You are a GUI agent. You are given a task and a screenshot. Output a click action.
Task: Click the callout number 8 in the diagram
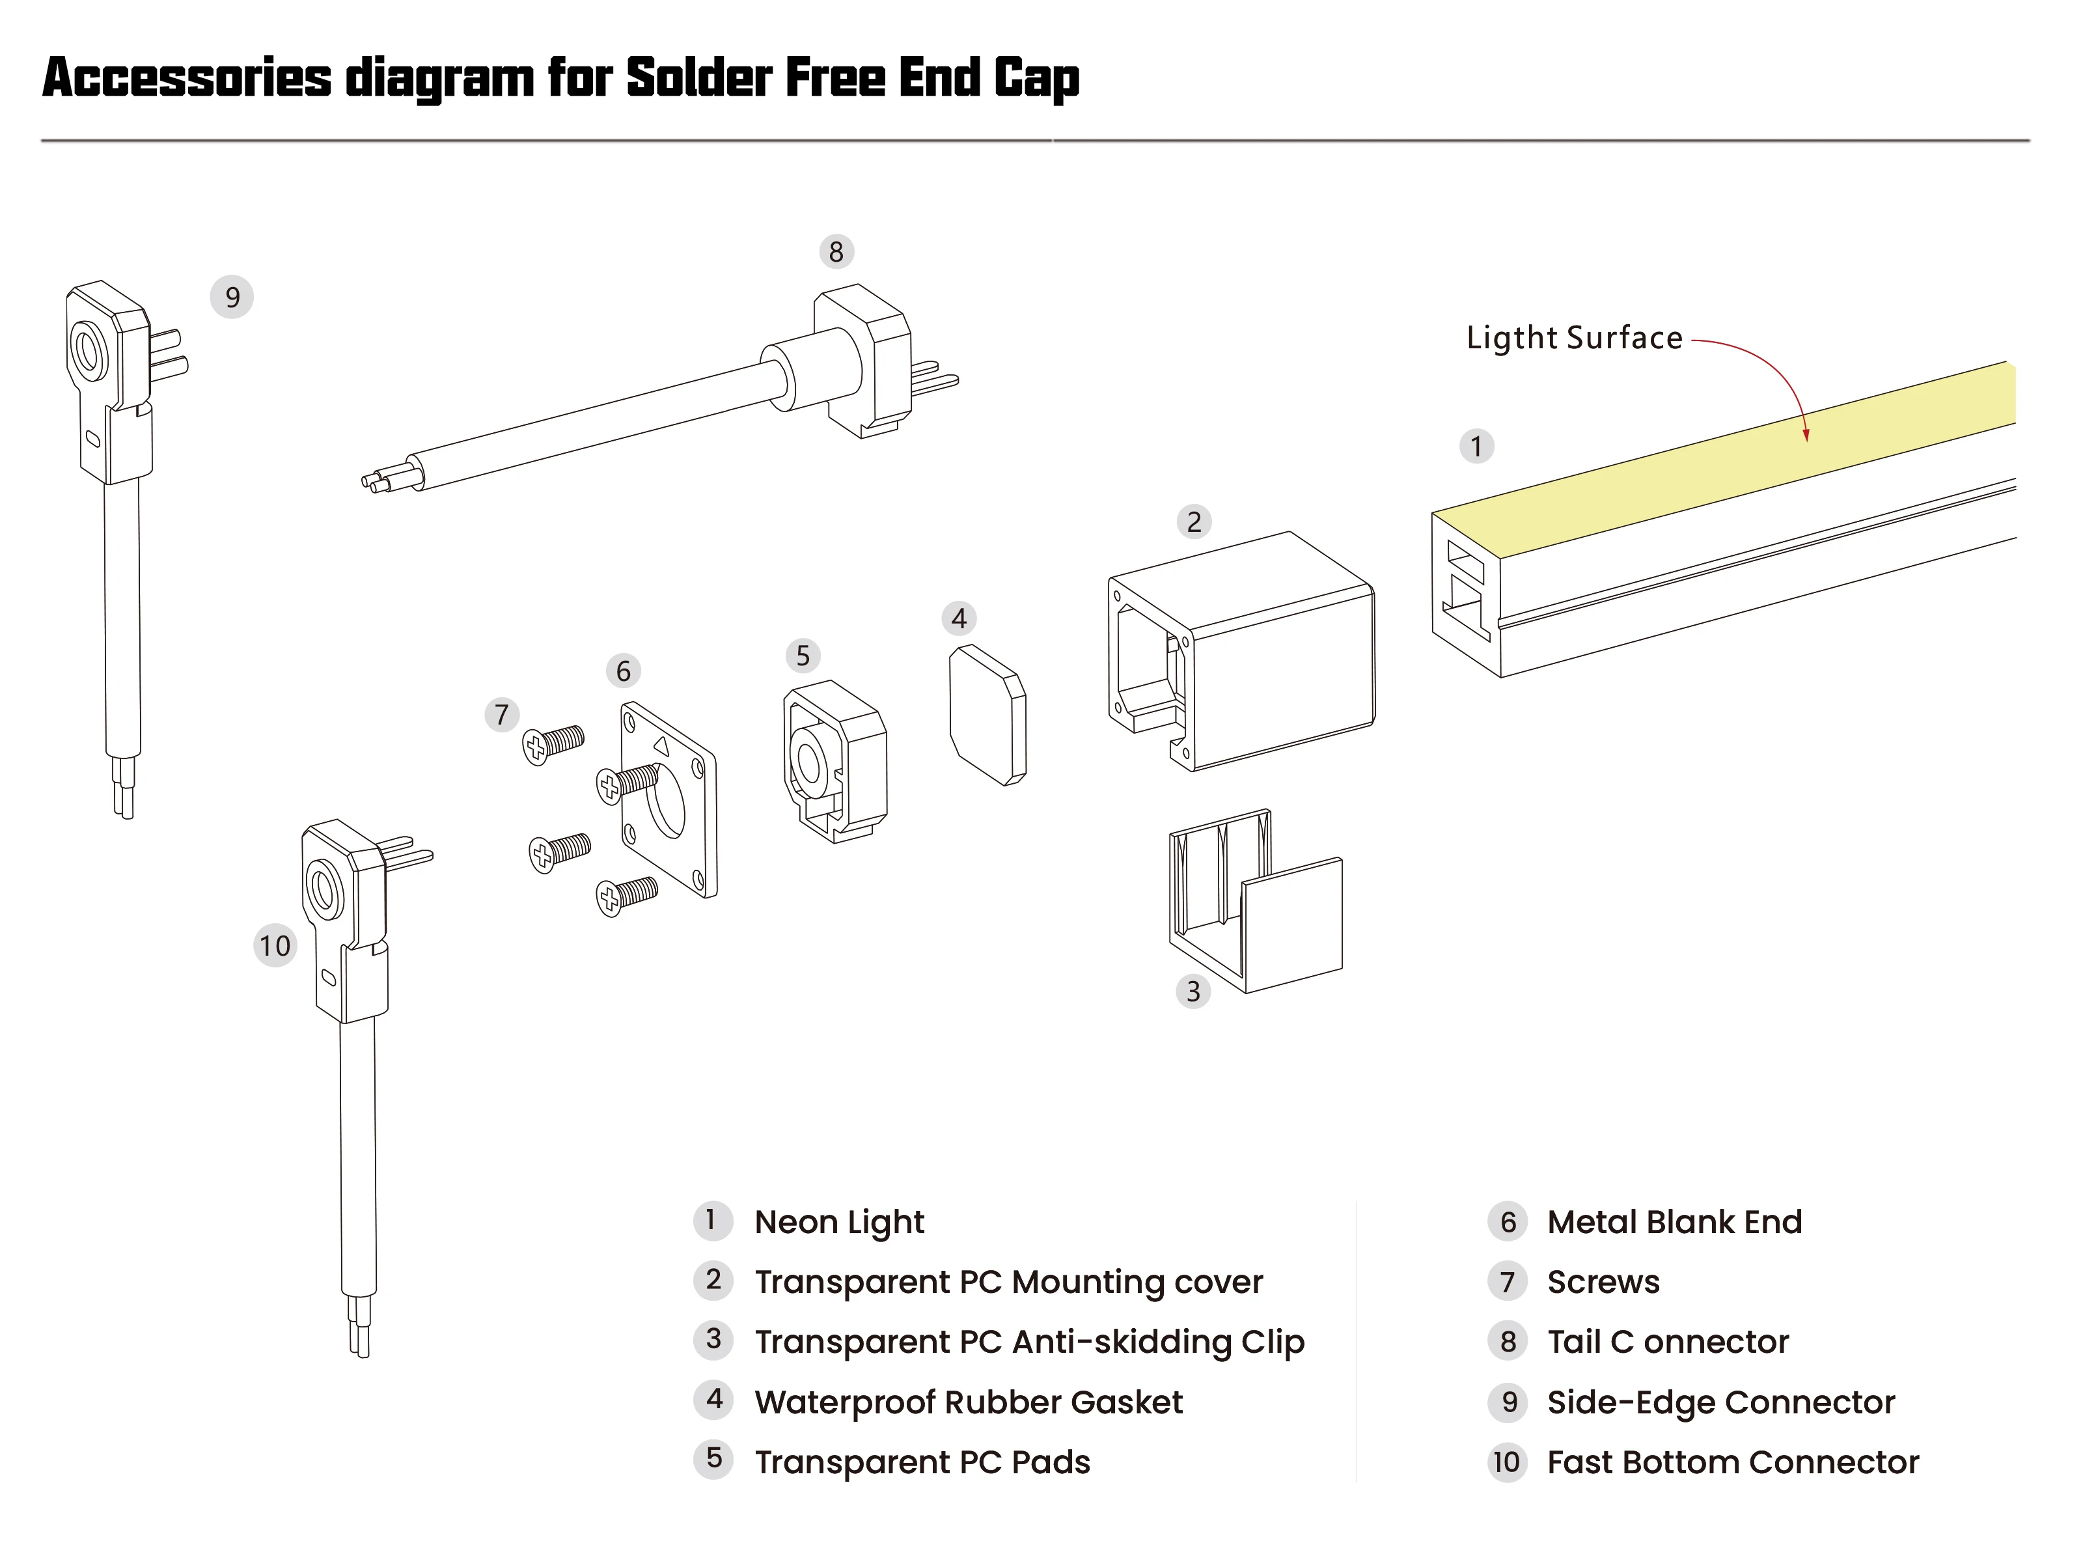pyautogui.click(x=835, y=252)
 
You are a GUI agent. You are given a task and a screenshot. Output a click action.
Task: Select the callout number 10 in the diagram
pyautogui.click(x=275, y=945)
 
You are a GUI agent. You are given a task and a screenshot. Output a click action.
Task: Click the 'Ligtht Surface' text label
pyautogui.click(x=1574, y=339)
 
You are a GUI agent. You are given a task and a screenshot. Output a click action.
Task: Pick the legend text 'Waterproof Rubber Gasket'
pyautogui.click(x=968, y=1402)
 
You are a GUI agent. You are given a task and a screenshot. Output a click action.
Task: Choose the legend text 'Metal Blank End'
pyautogui.click(x=1674, y=1222)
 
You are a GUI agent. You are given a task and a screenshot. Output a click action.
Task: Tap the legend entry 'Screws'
pyautogui.click(x=1603, y=1282)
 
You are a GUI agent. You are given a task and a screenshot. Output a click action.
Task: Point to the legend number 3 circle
pyautogui.click(x=714, y=1340)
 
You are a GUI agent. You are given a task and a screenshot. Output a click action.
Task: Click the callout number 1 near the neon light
pyautogui.click(x=1476, y=446)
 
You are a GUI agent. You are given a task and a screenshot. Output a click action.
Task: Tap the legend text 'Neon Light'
pyautogui.click(x=839, y=1222)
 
